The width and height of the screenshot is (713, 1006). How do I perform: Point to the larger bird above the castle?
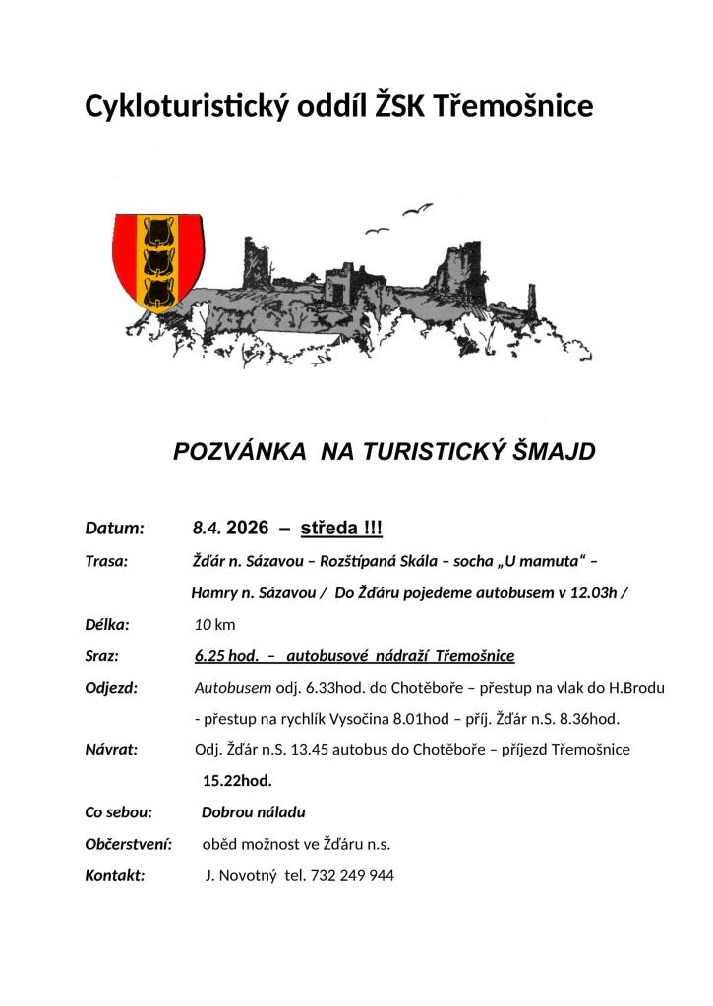coord(416,209)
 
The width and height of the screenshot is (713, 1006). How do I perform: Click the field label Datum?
coord(115,528)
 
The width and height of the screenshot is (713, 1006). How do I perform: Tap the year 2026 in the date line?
coord(247,528)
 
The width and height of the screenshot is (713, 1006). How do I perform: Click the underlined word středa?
coord(328,528)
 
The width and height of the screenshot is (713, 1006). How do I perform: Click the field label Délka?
coord(108,624)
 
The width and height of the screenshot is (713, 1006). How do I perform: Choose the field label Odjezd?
coord(112,687)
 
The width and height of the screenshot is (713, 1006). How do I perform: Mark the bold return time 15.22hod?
coord(237,781)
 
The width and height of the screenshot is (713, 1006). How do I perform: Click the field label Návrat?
coord(112,750)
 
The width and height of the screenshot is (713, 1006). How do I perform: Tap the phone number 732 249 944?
coord(353,875)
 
